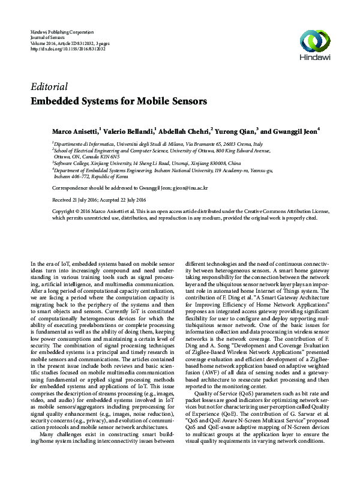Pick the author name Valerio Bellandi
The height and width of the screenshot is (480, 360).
tap(128, 131)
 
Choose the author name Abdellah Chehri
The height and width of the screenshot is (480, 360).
tap(184, 131)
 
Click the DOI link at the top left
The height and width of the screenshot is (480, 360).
tap(67, 49)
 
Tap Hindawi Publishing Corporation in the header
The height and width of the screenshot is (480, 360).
tap(62, 31)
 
